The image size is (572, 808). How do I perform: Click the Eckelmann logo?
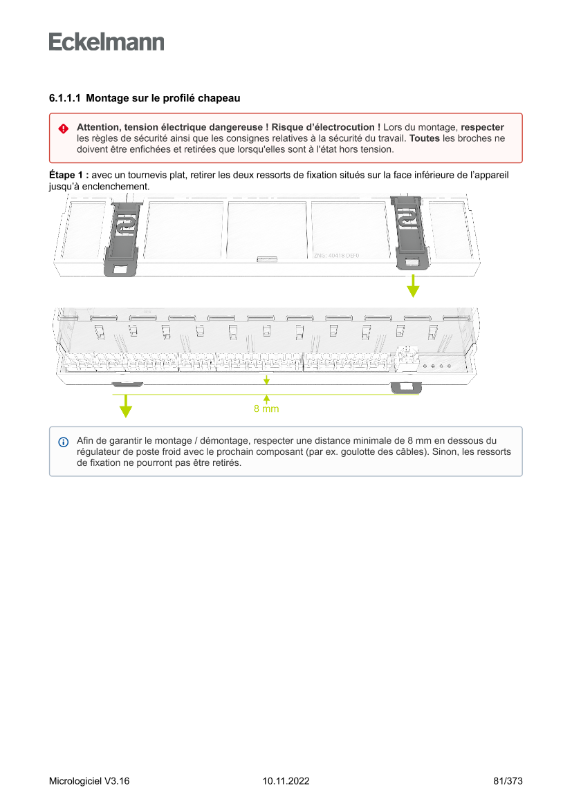107,42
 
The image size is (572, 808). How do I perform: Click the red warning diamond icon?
63,129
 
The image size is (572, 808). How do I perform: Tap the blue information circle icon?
63,442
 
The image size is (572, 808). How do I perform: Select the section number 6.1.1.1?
64,99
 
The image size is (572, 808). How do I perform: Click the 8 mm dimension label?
266,408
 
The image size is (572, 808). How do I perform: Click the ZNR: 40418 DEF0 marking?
336,256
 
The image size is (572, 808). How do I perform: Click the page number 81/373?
508,781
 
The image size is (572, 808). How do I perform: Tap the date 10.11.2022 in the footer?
286,781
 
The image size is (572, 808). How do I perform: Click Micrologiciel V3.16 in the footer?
89,781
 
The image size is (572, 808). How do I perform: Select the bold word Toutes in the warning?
424,138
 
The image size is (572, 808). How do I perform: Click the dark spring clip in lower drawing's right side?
405,387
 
